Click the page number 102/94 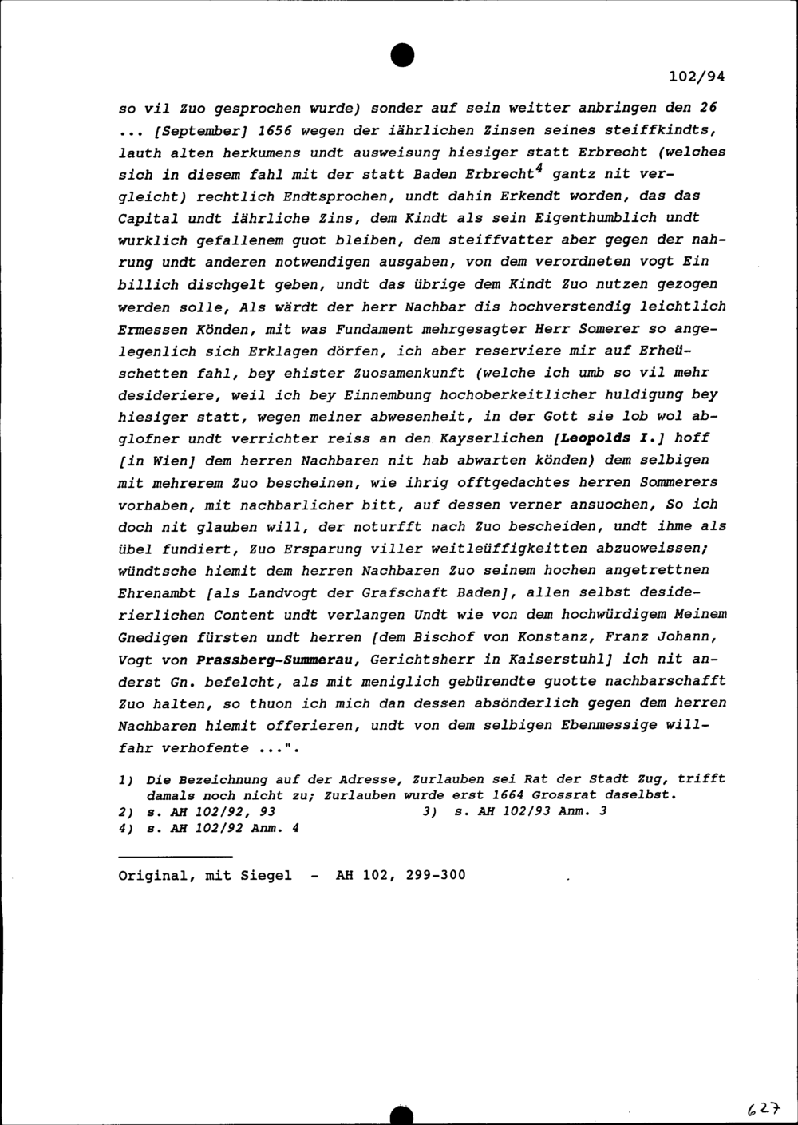697,77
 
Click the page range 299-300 435,875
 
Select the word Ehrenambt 157,593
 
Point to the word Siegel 266,875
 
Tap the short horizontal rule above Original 164,857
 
